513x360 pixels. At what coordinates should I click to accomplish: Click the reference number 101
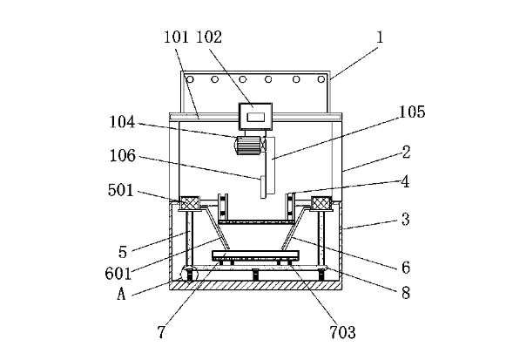click(176, 37)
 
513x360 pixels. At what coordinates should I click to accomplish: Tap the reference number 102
click(209, 37)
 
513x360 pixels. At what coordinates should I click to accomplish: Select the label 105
click(412, 112)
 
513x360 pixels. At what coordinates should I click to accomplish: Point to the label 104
click(122, 122)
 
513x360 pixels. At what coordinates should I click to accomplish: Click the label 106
click(122, 156)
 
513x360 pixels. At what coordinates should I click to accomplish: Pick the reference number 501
click(121, 190)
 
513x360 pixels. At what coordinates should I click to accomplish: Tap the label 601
click(118, 273)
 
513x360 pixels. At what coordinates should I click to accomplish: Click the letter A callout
click(121, 294)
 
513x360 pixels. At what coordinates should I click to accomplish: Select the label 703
click(342, 332)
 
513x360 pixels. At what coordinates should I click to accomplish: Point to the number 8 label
click(406, 293)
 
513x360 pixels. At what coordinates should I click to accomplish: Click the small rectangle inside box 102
click(255, 118)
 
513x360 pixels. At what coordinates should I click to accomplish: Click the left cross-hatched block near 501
click(189, 203)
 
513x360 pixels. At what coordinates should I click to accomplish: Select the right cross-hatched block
click(321, 203)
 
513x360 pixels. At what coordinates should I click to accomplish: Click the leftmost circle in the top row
click(190, 79)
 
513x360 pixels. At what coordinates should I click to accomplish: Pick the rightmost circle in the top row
click(321, 79)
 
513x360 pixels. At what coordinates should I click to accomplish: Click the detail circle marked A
click(188, 275)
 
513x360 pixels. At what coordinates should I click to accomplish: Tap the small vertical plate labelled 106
click(263, 187)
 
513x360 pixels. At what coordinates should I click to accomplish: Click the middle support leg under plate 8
click(255, 275)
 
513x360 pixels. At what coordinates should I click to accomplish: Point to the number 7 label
click(161, 332)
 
